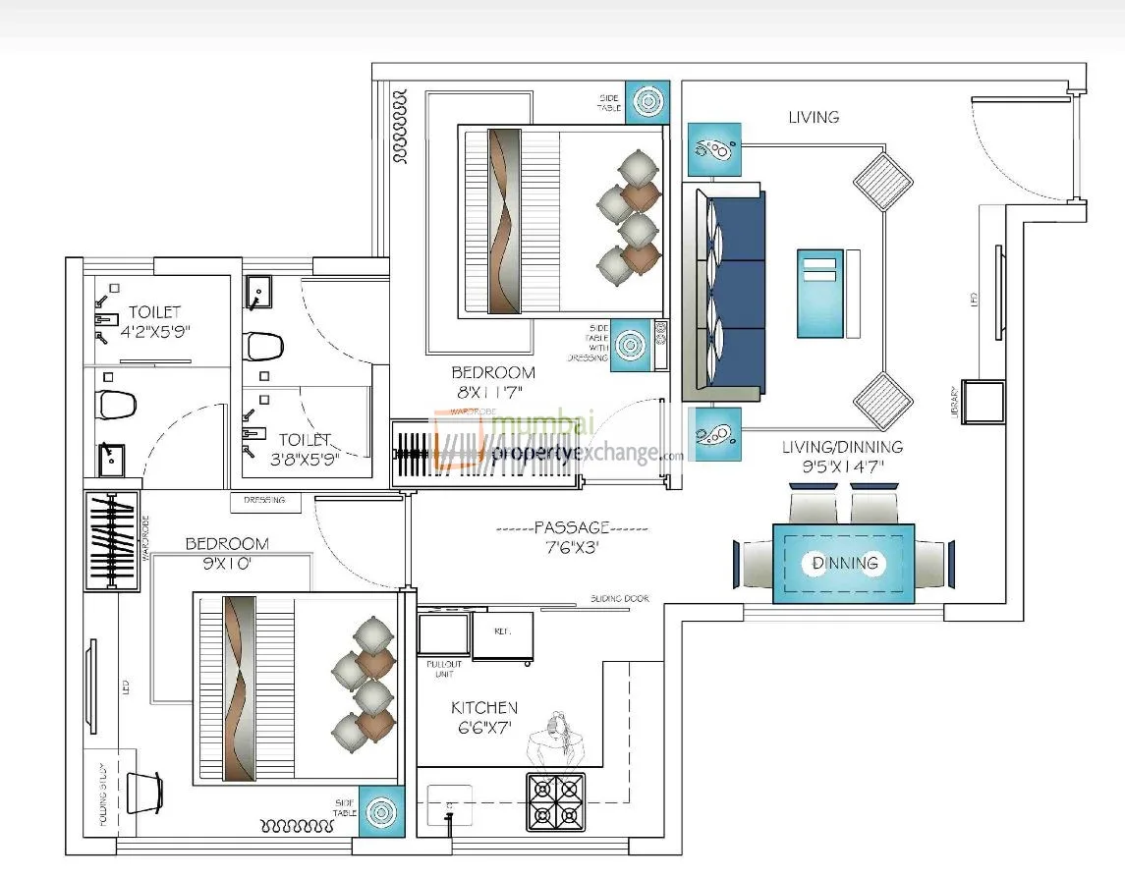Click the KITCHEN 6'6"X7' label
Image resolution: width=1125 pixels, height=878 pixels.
point(483,717)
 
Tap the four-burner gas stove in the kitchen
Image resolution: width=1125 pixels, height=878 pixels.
point(556,799)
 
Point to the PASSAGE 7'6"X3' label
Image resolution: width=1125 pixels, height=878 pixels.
point(572,537)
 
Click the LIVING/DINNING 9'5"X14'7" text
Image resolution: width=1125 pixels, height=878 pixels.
point(842,456)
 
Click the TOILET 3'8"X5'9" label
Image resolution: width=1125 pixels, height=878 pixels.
point(304,449)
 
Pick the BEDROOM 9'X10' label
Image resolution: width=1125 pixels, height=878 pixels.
point(226,553)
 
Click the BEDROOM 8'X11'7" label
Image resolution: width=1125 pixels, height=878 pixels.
point(493,382)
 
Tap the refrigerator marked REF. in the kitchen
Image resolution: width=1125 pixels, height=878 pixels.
point(503,634)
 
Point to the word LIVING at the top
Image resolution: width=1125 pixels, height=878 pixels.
point(814,117)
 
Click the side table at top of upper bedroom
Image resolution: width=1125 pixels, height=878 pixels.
point(647,101)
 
